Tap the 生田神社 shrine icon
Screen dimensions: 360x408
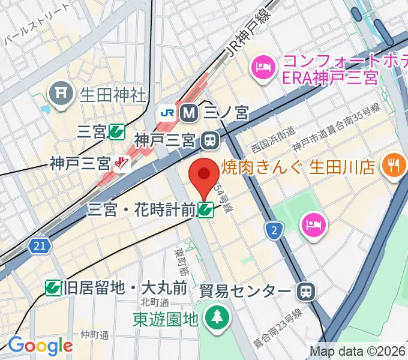61,93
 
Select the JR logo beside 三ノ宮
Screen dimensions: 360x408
167,112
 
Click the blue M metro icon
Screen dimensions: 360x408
189,112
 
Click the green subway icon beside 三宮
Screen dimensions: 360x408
117,132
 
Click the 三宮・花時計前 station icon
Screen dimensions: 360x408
206,209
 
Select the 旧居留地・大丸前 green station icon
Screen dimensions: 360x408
53,288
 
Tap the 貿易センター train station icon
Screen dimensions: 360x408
306,292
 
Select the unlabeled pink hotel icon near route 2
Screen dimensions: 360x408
314,225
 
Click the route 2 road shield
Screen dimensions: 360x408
274,229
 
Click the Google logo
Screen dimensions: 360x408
40,345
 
